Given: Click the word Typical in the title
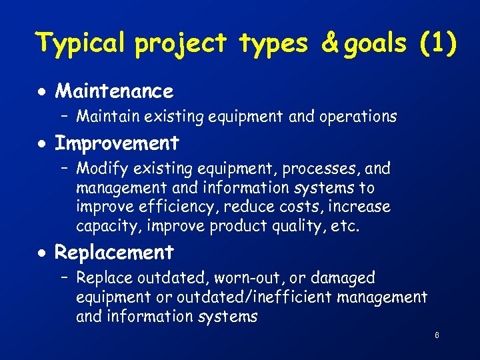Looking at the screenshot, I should pyautogui.click(x=80, y=43).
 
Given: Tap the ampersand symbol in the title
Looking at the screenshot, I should pyautogui.click(x=330, y=43).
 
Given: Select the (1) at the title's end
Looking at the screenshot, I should pyautogui.click(x=437, y=43).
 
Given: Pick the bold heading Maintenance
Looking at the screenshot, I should pyautogui.click(x=113, y=91).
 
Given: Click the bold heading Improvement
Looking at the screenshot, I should pyautogui.click(x=117, y=143).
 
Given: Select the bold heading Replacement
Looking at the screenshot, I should pyautogui.click(x=114, y=253).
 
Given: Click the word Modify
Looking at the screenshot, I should pyautogui.click(x=99, y=169).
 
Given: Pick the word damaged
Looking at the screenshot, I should pyautogui.click(x=342, y=278).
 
